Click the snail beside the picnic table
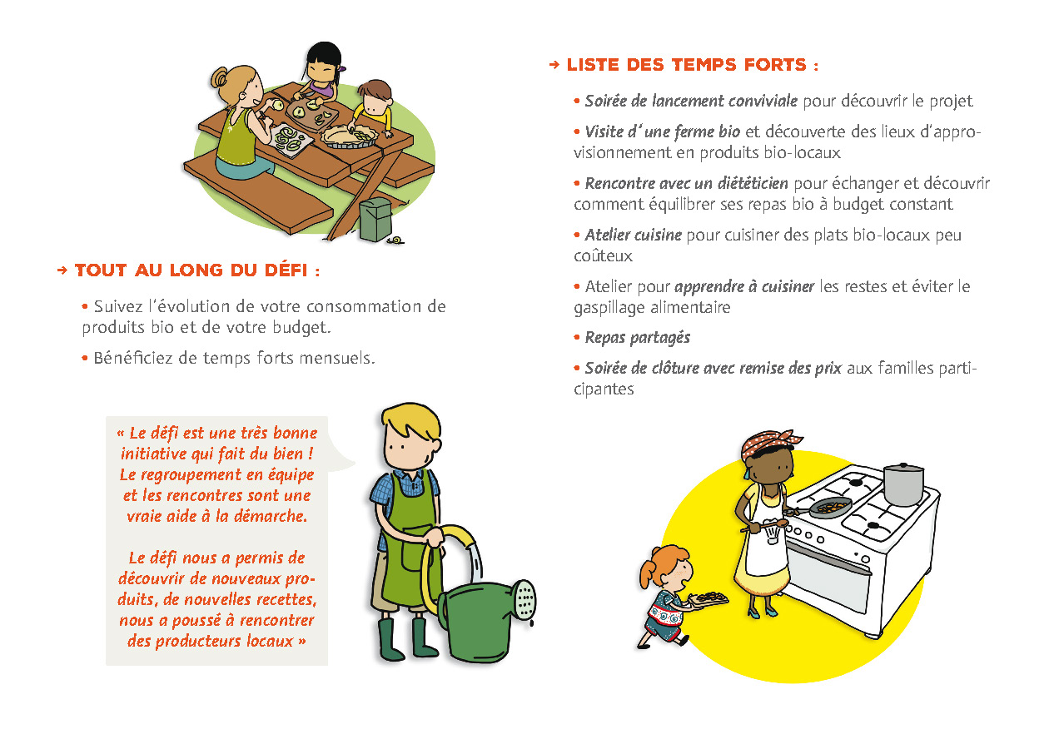395,241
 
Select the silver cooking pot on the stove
903,484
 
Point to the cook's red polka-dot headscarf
768,442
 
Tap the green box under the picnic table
375,219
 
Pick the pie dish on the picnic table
350,136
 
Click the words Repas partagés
638,338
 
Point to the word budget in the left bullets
301,327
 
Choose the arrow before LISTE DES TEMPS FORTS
554,65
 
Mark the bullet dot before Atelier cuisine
576,235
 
